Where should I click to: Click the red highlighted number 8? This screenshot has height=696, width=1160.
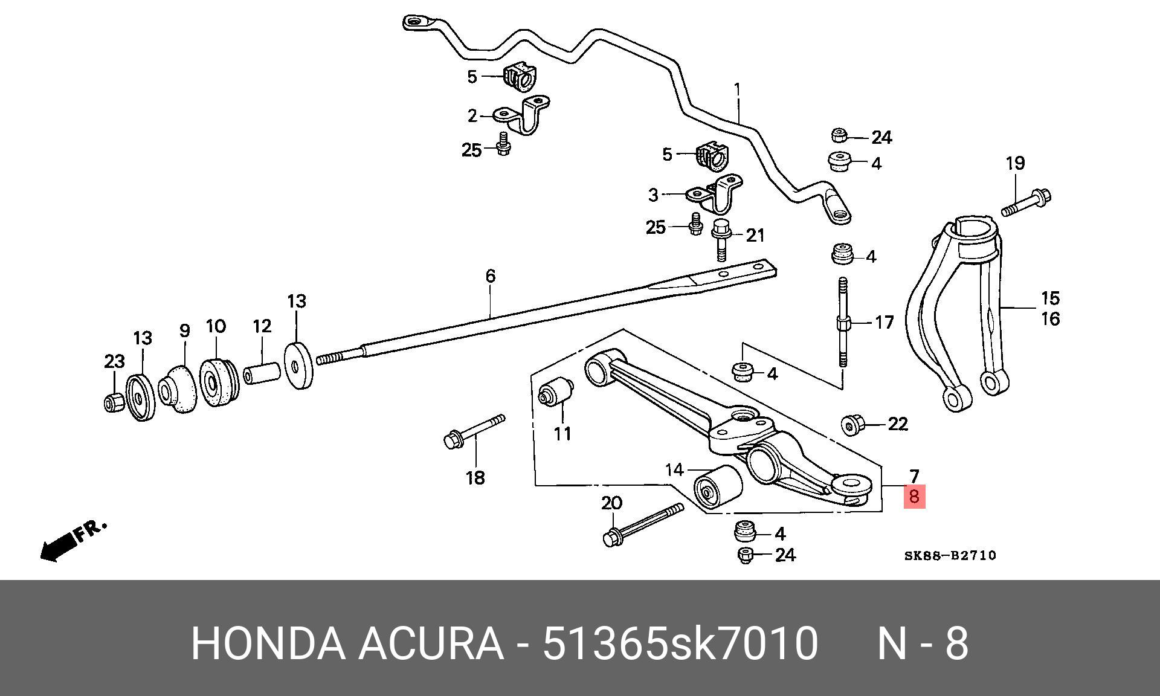(913, 497)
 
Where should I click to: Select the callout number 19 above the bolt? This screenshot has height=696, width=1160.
(1015, 163)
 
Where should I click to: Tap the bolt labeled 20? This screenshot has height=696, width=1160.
(643, 524)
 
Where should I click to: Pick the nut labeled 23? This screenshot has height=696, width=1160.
(114, 402)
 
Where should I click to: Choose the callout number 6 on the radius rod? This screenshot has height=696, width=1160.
(490, 276)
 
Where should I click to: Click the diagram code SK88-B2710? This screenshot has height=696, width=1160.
(950, 555)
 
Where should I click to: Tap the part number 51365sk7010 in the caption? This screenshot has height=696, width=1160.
(680, 643)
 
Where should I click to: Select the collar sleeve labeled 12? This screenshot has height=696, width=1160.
(262, 372)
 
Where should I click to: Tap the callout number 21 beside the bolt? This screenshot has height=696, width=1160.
(755, 236)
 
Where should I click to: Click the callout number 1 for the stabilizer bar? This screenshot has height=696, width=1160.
(737, 90)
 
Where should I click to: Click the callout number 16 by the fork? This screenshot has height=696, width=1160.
(1050, 318)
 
